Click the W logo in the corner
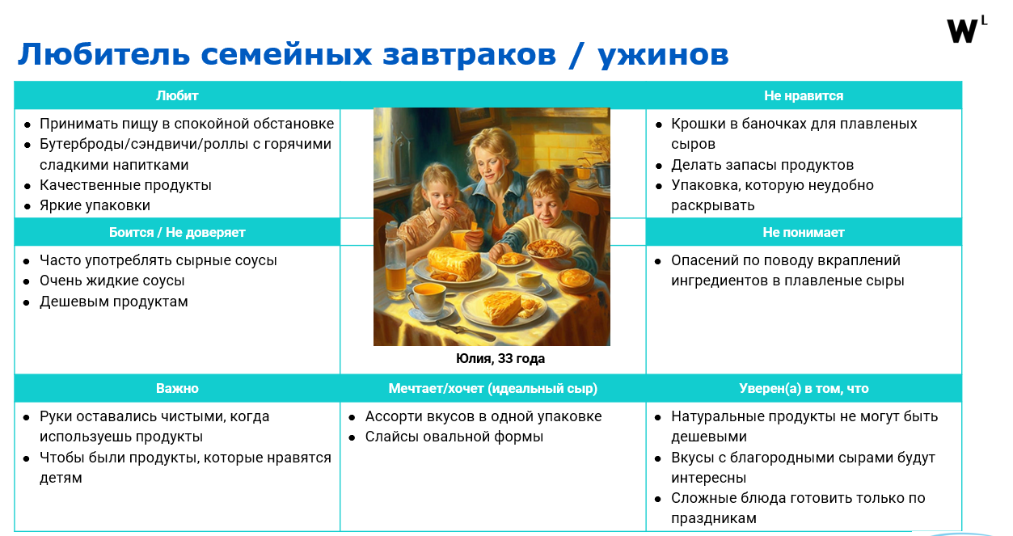point(966,30)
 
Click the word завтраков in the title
point(470,55)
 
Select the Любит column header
point(177,96)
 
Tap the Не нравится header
point(804,96)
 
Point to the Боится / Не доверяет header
point(177,233)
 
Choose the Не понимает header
point(804,233)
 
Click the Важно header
point(177,389)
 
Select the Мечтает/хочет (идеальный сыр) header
point(493,389)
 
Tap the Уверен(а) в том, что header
point(804,389)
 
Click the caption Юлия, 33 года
point(500,359)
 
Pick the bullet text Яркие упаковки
point(95,206)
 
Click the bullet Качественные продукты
point(125,185)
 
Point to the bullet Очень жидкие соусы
point(112,281)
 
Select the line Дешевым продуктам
point(113,302)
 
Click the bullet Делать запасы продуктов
point(762,165)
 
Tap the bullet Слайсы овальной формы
point(454,437)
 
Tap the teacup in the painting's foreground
point(428,299)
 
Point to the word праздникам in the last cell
point(713,519)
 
